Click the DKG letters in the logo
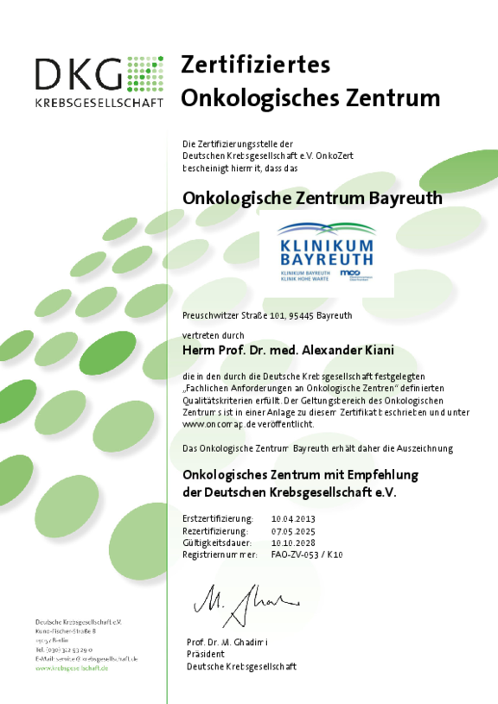point(78,75)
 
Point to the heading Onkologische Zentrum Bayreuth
point(312,198)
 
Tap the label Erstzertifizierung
point(216,517)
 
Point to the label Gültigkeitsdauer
point(216,542)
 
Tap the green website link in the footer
point(72,668)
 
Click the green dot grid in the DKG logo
point(145,73)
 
